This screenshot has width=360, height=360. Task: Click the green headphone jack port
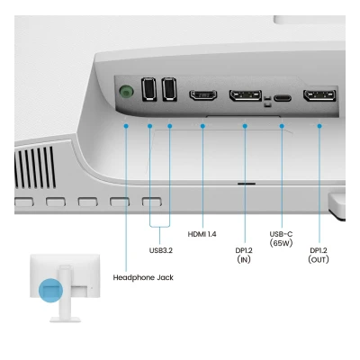[x=126, y=91]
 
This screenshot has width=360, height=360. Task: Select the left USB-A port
[x=148, y=89]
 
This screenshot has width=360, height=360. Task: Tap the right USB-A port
[x=169, y=89]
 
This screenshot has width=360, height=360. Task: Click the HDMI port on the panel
[x=203, y=94]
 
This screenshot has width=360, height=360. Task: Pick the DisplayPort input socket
[x=246, y=95]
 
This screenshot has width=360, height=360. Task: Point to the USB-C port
[x=283, y=98]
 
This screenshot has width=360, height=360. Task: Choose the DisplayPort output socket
[x=319, y=95]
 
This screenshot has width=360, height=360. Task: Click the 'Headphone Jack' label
[x=143, y=277]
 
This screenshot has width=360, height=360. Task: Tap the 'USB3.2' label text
[x=161, y=250]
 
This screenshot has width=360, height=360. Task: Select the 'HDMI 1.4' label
[x=202, y=234]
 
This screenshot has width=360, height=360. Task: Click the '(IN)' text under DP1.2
[x=244, y=259]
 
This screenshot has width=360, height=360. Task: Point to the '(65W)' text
[x=281, y=243]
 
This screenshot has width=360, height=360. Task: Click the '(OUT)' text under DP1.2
[x=319, y=259]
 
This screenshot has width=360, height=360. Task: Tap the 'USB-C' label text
[x=281, y=234]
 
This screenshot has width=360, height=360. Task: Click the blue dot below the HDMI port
[x=202, y=126]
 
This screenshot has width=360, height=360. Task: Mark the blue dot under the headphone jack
[x=126, y=126]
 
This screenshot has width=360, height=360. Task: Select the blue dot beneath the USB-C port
[x=282, y=126]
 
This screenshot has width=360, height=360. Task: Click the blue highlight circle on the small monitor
[x=50, y=291]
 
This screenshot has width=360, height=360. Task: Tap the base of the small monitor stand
[x=66, y=319]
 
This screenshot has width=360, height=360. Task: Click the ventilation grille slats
[x=35, y=167]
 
